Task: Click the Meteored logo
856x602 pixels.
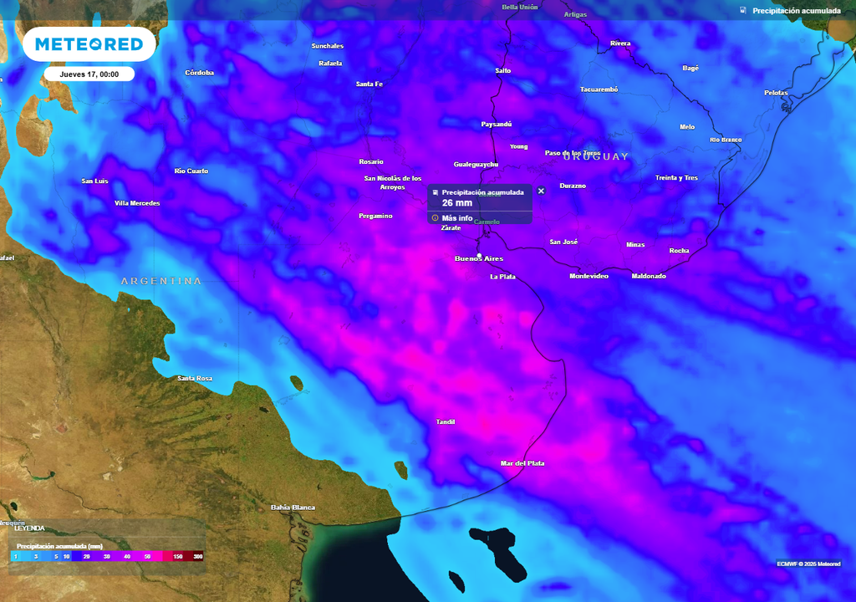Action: [x=89, y=44]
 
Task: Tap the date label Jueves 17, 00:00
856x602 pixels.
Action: [x=89, y=74]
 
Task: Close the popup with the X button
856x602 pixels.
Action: [x=541, y=191]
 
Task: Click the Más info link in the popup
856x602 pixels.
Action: [x=456, y=218]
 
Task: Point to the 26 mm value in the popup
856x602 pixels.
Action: [x=457, y=203]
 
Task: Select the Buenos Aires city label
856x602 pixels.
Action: [x=479, y=258]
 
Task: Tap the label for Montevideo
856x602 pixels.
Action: [x=589, y=276]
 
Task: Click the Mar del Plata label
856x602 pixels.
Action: [x=522, y=463]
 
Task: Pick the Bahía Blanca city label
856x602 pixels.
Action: [x=293, y=508]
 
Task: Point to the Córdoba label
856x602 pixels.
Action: [x=200, y=73]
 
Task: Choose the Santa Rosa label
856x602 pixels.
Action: [x=195, y=379]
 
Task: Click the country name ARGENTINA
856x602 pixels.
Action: [x=161, y=281]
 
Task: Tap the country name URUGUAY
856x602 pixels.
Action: [x=596, y=156]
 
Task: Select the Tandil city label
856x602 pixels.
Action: [x=446, y=422]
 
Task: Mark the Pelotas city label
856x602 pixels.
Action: [x=776, y=93]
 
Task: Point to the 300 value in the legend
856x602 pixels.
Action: [x=198, y=556]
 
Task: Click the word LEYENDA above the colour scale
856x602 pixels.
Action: [x=29, y=528]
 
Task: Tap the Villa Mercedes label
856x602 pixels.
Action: [x=137, y=203]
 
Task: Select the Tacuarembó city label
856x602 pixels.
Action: [x=599, y=89]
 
